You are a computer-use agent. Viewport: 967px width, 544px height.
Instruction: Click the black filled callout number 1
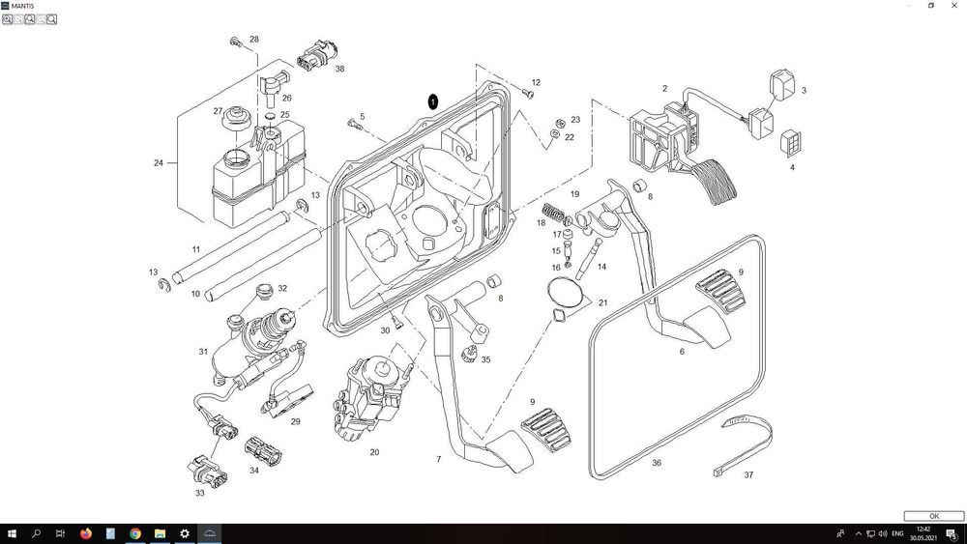tap(433, 100)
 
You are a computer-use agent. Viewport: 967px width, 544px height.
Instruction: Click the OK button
tap(934, 516)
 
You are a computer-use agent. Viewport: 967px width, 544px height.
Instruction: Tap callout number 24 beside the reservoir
tap(159, 163)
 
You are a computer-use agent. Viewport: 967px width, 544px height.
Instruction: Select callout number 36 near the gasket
tap(657, 463)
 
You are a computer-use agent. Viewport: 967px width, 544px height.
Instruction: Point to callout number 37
tap(748, 474)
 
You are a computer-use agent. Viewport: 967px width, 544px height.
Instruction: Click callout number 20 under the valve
tap(374, 451)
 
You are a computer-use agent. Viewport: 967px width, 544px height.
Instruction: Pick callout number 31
tap(203, 352)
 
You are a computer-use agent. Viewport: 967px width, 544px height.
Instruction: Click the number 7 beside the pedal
tap(438, 459)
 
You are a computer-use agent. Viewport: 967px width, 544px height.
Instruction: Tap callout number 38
tap(339, 70)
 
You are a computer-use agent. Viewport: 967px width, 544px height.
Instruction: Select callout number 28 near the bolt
tap(254, 40)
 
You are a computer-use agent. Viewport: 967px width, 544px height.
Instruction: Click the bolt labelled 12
tap(528, 94)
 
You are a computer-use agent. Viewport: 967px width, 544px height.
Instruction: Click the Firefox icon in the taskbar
tap(85, 533)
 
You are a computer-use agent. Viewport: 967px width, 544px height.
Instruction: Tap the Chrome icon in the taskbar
tap(135, 533)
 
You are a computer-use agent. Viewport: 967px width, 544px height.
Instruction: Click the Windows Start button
tap(12, 533)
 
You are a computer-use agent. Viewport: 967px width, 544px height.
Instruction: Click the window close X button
tap(953, 5)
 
